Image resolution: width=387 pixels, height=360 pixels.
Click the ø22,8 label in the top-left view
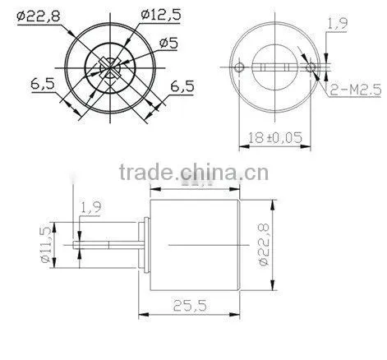click(x=38, y=16)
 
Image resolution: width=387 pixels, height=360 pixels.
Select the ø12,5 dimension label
click(x=161, y=15)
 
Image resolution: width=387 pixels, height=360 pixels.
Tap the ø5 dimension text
click(x=168, y=43)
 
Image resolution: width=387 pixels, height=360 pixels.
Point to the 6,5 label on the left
click(x=43, y=84)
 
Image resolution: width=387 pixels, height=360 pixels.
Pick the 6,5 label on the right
click(x=182, y=86)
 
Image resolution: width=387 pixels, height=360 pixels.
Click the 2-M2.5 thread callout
click(x=356, y=90)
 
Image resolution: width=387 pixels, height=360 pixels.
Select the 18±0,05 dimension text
click(x=275, y=137)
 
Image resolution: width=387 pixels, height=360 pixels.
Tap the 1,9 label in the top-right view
click(x=338, y=24)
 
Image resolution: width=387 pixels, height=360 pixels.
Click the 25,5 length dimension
click(x=190, y=306)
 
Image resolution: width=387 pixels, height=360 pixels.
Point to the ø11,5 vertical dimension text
click(x=46, y=245)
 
